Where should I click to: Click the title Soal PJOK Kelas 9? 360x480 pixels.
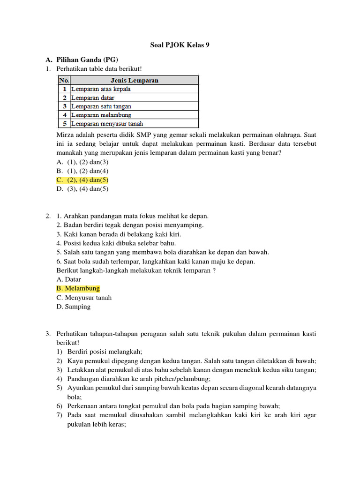coord(180,45)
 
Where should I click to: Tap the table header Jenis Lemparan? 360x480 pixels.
coord(134,80)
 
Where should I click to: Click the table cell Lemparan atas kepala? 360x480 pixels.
coord(101,89)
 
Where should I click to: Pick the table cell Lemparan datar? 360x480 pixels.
coord(93,97)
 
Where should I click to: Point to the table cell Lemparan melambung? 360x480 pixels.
coord(101,115)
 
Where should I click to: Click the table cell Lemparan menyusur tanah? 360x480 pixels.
coord(107,124)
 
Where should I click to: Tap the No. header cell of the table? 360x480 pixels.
coord(64,80)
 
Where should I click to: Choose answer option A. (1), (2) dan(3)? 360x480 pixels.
coord(82,162)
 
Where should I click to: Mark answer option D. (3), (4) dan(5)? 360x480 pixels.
coord(82,189)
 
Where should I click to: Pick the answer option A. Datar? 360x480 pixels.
coord(68,279)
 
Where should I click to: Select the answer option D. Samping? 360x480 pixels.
coord(73,307)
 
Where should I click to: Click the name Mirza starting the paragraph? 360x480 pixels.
coord(65,135)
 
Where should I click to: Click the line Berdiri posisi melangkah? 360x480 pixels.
coord(105,352)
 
